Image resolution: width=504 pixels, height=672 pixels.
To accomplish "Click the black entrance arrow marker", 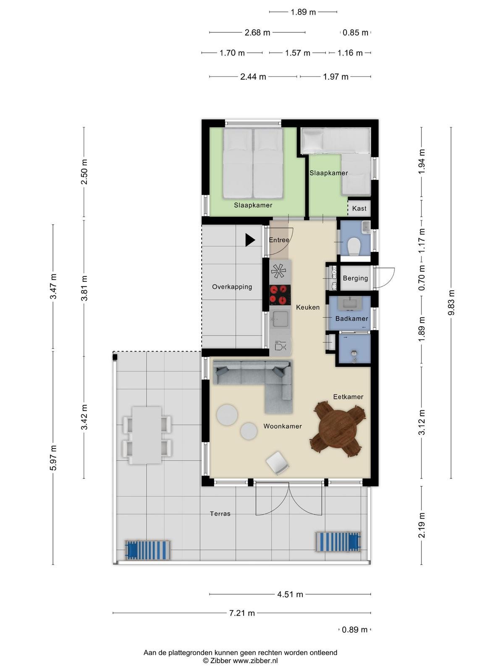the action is point(250,240).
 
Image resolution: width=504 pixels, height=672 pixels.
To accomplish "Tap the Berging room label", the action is point(355,278).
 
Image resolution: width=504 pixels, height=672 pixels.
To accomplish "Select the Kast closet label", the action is point(359,208).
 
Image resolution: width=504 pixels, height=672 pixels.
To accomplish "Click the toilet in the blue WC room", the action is point(354,246).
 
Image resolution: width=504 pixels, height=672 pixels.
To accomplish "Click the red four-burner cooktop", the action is point(280,295).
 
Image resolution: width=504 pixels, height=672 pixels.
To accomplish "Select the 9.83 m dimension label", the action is point(451,302).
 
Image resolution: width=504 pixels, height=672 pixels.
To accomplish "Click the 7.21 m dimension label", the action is point(242,613).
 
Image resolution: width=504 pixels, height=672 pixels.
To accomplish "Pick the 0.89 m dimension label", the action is point(354,630).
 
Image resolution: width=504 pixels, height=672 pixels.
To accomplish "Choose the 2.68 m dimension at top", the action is point(257,32).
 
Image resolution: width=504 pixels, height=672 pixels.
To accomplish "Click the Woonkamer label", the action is point(282,426).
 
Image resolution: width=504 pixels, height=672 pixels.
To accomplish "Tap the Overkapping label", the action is point(232,287).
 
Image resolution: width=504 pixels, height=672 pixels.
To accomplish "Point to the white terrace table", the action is point(147,435).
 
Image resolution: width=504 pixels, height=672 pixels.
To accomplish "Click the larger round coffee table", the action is point(227,415).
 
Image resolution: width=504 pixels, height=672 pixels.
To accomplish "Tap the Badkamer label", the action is point(352,319).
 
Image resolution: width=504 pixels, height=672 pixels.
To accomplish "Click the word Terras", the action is point(220,514).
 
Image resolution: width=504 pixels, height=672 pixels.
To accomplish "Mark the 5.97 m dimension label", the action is point(53,458).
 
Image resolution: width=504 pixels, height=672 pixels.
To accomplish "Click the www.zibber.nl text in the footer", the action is point(255,661).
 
